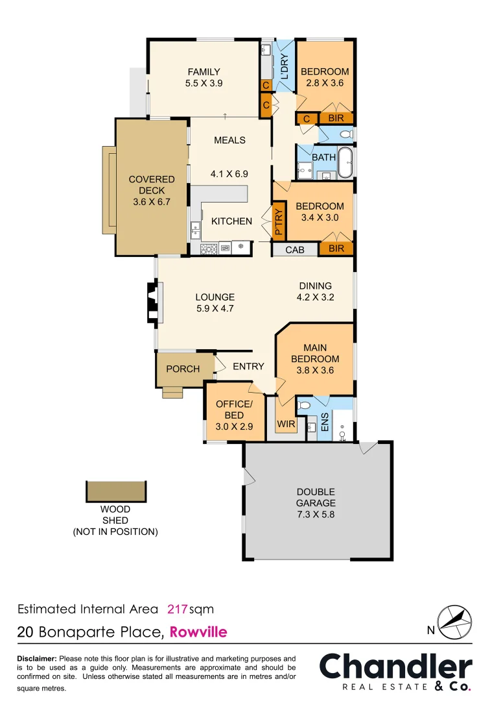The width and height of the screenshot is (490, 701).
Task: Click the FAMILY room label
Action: (x=204, y=72)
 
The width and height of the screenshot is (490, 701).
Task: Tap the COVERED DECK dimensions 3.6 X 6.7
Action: (x=152, y=203)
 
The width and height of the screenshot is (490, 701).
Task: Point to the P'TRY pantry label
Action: (x=279, y=221)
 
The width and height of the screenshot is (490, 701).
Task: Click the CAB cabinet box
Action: (x=295, y=249)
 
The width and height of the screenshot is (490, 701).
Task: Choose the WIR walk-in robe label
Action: (x=286, y=424)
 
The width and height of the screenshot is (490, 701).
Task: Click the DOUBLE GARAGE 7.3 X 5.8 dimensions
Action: (x=316, y=515)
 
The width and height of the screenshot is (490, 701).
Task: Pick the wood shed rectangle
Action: (x=117, y=491)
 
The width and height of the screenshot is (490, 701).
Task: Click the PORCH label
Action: (x=183, y=369)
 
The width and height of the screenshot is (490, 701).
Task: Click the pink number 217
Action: (x=177, y=609)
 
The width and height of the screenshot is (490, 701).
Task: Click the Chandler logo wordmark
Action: (x=395, y=667)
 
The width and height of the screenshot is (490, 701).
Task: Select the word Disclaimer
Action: (x=37, y=658)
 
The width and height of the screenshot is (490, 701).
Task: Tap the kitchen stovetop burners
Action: (x=208, y=247)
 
